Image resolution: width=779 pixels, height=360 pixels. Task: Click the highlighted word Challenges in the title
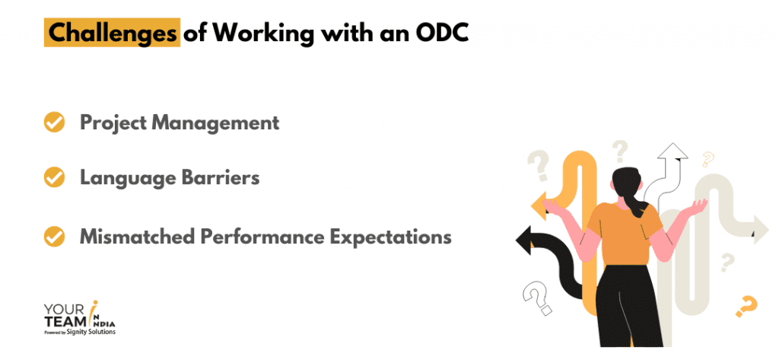pyautogui.click(x=111, y=34)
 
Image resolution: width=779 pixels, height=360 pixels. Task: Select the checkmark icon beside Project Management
pyautogui.click(x=54, y=123)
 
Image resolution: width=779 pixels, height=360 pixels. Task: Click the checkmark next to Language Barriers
pyautogui.click(x=54, y=178)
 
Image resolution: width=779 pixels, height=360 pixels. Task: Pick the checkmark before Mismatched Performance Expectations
pyautogui.click(x=54, y=237)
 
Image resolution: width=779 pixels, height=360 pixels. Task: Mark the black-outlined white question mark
pyautogui.click(x=537, y=296)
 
